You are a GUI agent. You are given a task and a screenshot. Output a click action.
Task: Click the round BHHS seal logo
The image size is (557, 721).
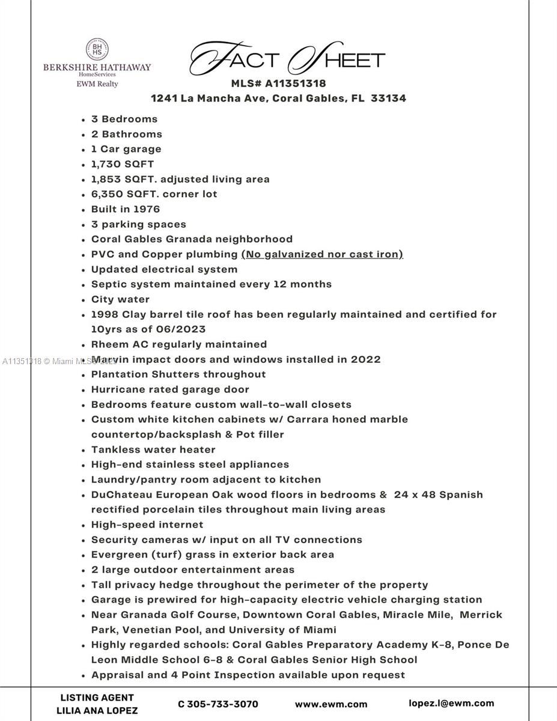pos(97,49)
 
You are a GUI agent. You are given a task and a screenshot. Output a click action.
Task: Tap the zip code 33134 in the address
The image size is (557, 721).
pos(388,98)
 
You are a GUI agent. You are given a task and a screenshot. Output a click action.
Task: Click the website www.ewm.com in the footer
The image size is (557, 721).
pos(330,704)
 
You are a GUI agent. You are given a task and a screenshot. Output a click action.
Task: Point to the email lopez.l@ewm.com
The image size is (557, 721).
pos(451,703)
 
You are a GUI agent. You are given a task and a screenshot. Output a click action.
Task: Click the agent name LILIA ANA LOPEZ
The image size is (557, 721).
pos(97,711)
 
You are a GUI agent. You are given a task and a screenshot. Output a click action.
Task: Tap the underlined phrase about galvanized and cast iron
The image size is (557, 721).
pos(322,254)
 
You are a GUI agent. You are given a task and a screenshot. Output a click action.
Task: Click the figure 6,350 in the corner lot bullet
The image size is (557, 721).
pos(108,194)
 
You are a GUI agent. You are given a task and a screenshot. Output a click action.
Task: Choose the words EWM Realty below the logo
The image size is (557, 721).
pos(97,84)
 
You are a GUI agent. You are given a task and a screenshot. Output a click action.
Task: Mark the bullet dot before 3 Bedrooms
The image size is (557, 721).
pos(84,120)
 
